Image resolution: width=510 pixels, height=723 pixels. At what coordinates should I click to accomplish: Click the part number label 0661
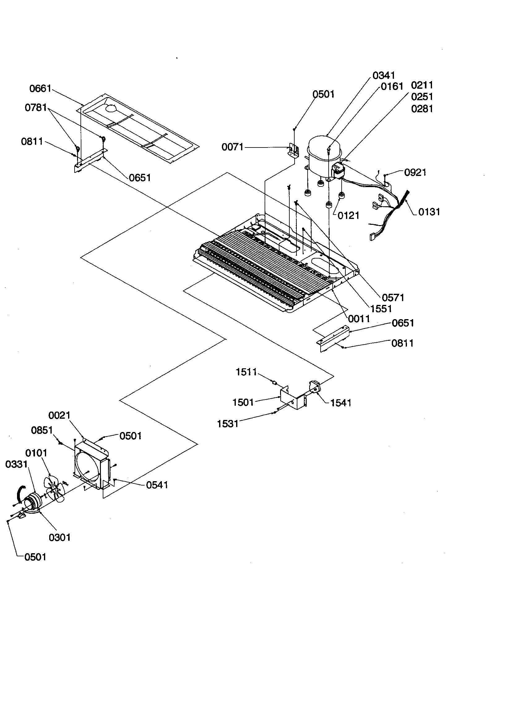click(40, 88)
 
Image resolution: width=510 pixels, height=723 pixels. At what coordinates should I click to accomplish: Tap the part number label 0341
click(383, 75)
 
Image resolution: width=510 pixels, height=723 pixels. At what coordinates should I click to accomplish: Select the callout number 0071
click(232, 147)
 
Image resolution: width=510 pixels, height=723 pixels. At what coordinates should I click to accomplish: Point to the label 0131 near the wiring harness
click(429, 212)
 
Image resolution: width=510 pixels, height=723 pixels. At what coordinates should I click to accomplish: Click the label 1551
click(381, 309)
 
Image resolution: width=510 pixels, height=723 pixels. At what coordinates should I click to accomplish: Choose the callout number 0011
click(359, 319)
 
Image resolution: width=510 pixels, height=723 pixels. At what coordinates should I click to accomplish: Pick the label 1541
click(340, 403)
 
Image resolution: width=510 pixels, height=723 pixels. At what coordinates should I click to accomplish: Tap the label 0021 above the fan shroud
click(59, 416)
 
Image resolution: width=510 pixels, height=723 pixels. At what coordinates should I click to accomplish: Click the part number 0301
click(60, 537)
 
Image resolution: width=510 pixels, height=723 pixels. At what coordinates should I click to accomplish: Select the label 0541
click(157, 485)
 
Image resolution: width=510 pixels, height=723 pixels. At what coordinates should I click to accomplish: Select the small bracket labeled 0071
click(293, 150)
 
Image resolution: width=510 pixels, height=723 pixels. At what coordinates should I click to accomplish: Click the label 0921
click(415, 173)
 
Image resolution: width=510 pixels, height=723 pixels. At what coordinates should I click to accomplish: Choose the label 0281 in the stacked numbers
click(422, 109)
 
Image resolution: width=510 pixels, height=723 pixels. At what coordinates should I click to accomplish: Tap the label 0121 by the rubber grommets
click(348, 216)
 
